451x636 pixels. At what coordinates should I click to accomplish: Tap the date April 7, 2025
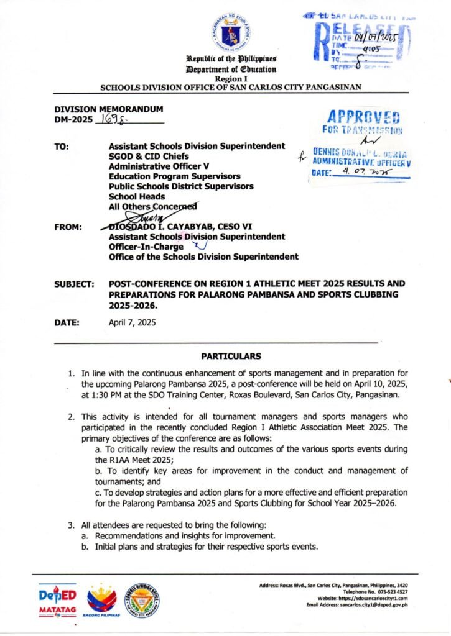click(x=132, y=323)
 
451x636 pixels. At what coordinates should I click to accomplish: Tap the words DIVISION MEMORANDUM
click(x=108, y=109)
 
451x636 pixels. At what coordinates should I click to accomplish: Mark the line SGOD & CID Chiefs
click(x=149, y=156)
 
